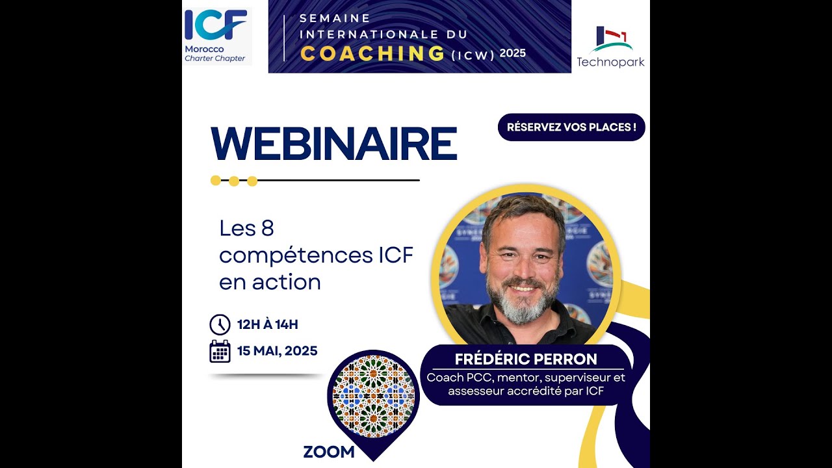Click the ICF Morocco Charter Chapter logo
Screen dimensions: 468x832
tap(216, 36)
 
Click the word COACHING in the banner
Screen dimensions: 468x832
tap(372, 53)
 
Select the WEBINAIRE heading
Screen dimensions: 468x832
tap(334, 144)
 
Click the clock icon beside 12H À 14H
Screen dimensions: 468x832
tap(220, 324)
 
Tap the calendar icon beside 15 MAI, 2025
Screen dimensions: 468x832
tap(220, 351)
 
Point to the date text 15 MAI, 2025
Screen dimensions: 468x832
tap(277, 351)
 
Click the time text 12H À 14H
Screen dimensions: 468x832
tap(267, 324)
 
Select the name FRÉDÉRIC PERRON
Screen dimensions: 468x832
tap(526, 359)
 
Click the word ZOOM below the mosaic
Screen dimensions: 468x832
tap(329, 452)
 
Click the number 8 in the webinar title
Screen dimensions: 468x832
tap(266, 228)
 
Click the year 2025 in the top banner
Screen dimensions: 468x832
tap(513, 53)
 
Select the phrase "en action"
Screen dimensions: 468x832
tap(270, 282)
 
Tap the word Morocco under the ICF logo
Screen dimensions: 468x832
tap(204, 49)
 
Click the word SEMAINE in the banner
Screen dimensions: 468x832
tap(335, 18)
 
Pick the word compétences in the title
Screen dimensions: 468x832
tap(295, 255)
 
